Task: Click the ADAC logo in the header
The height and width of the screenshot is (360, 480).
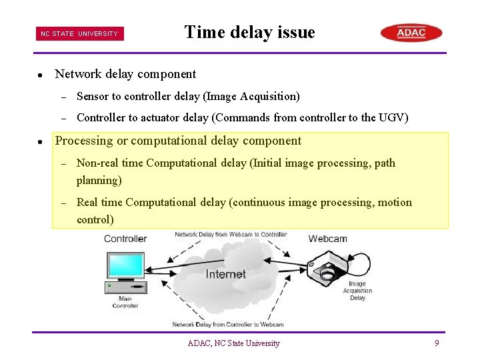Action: point(411,33)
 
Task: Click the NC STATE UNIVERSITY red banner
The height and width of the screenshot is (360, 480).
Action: point(80,34)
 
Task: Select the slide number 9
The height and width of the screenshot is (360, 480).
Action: point(437,343)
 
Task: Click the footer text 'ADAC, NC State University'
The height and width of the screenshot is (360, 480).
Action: point(233,343)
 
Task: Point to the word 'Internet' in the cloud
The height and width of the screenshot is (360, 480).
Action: point(225,274)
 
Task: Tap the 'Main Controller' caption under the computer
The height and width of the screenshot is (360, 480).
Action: point(125,303)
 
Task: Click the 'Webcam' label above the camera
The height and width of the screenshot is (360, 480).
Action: point(327,239)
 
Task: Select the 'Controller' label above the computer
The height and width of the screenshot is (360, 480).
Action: point(125,239)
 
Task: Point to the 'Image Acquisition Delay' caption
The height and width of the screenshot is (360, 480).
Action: point(357,291)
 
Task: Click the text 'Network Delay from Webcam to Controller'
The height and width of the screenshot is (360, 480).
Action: point(231,235)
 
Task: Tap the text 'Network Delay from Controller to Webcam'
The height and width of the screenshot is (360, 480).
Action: point(228,325)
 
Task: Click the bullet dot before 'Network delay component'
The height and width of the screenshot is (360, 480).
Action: point(41,75)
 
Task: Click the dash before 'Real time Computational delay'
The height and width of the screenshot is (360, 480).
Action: point(63,203)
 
